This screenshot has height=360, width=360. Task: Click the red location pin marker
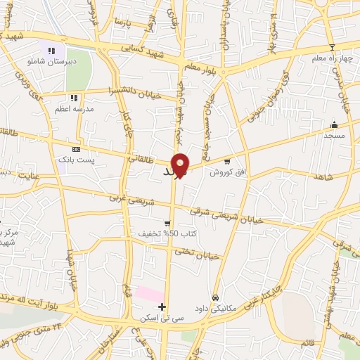tap(180, 165)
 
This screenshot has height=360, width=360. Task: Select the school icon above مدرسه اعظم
tap(73, 98)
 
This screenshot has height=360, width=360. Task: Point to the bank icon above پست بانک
tap(76, 149)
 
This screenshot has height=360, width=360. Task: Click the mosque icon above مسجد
tap(334, 124)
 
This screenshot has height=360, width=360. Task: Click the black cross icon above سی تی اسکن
tap(162, 307)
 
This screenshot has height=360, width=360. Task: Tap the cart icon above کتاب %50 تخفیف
tap(167, 223)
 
